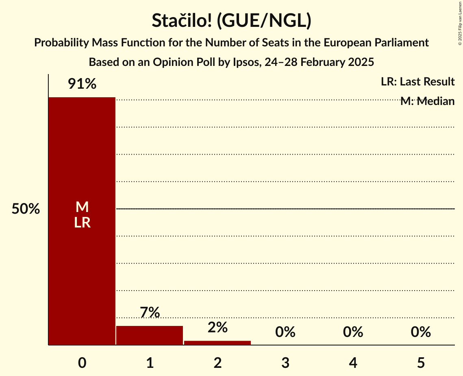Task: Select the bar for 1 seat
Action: [x=150, y=335]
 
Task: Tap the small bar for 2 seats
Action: [x=217, y=343]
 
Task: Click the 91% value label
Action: [x=82, y=84]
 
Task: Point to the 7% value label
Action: [x=150, y=313]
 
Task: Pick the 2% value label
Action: [x=217, y=327]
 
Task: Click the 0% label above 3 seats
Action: [x=285, y=332]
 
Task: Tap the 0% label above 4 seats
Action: [x=353, y=332]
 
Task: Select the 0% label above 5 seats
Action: [x=421, y=332]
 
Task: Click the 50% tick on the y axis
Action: [x=26, y=209]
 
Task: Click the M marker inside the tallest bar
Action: [x=82, y=207]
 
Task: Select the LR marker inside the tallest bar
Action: [x=82, y=223]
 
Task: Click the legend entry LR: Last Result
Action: [x=417, y=82]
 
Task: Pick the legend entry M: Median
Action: [x=427, y=101]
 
